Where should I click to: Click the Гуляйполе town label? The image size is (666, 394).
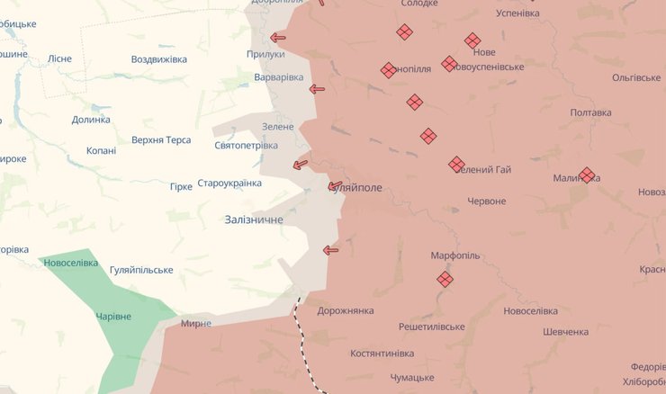click(358, 187)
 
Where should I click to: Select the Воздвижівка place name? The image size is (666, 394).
click(158, 59)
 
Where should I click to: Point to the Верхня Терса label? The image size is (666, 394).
click(161, 140)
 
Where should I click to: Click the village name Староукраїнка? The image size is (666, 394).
click(229, 184)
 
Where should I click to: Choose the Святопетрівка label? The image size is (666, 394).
click(246, 145)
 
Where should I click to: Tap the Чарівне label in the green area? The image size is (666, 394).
click(113, 317)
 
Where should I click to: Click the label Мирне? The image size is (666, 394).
click(196, 324)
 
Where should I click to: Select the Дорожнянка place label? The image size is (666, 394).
click(346, 311)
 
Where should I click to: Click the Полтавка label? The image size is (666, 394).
click(590, 112)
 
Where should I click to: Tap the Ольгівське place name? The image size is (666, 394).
click(635, 78)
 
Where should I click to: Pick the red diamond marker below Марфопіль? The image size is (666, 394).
click(445, 280)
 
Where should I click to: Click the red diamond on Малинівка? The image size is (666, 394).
click(587, 175)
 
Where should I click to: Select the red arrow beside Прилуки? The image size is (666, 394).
click(278, 38)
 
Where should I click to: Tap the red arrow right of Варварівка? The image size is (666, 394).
click(317, 88)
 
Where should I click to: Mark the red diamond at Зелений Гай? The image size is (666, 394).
click(456, 165)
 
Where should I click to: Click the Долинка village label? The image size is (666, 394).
click(90, 119)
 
